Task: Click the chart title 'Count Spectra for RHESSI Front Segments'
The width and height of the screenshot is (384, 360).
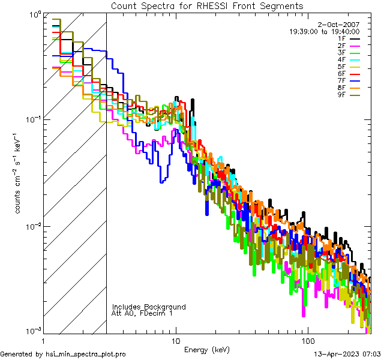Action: click(x=207, y=5)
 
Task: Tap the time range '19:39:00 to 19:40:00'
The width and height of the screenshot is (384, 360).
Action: click(x=324, y=32)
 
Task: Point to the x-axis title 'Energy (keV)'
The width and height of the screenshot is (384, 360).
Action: click(x=206, y=350)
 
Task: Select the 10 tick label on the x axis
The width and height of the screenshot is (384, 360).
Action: click(x=176, y=340)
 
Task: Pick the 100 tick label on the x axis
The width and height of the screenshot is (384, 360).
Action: click(x=307, y=340)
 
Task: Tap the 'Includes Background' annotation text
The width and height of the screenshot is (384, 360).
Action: click(x=149, y=307)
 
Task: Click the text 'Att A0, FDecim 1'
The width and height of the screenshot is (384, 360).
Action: click(x=142, y=313)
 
